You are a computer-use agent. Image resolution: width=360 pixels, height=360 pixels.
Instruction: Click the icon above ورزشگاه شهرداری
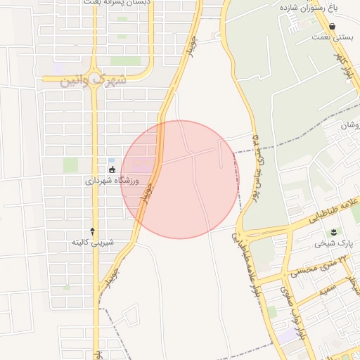coord(112,169)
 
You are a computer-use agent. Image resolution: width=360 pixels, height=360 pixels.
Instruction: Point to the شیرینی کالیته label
coord(93,243)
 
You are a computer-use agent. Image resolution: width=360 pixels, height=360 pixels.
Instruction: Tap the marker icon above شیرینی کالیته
coord(93,231)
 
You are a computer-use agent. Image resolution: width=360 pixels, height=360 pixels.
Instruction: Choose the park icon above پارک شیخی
coord(333,232)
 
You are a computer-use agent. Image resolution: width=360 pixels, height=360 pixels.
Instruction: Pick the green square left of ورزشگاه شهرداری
coord(70,165)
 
